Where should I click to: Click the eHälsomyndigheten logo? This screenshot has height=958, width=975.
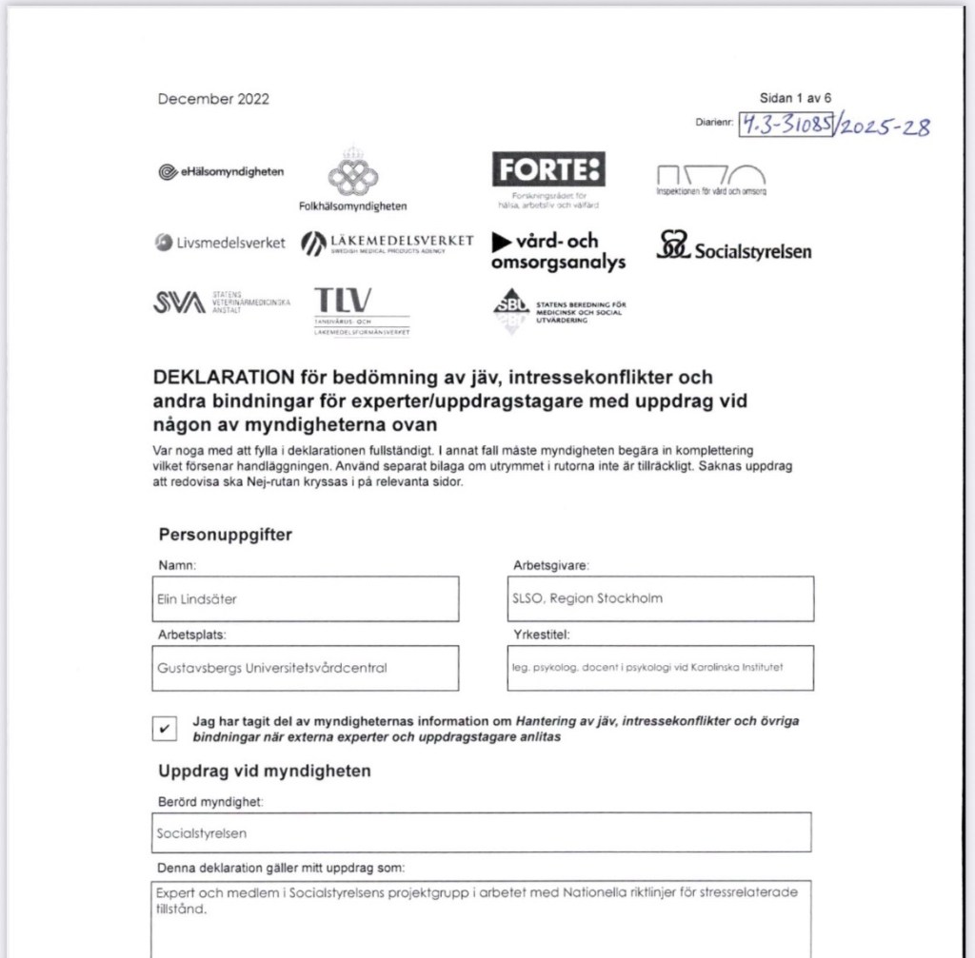point(221,171)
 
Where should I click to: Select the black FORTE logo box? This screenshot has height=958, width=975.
point(548,170)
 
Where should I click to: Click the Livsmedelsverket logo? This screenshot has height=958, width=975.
point(220,243)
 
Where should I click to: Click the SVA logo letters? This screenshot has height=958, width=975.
point(179,303)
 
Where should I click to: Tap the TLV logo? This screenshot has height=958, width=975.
point(344,302)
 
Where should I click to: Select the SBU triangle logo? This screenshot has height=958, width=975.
point(511,307)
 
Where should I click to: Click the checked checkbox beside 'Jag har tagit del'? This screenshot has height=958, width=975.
point(165,728)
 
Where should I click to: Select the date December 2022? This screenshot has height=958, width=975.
point(213,99)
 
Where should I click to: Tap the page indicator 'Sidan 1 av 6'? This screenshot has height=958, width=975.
point(795,98)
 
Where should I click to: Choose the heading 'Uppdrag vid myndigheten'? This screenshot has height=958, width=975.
point(265,771)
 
